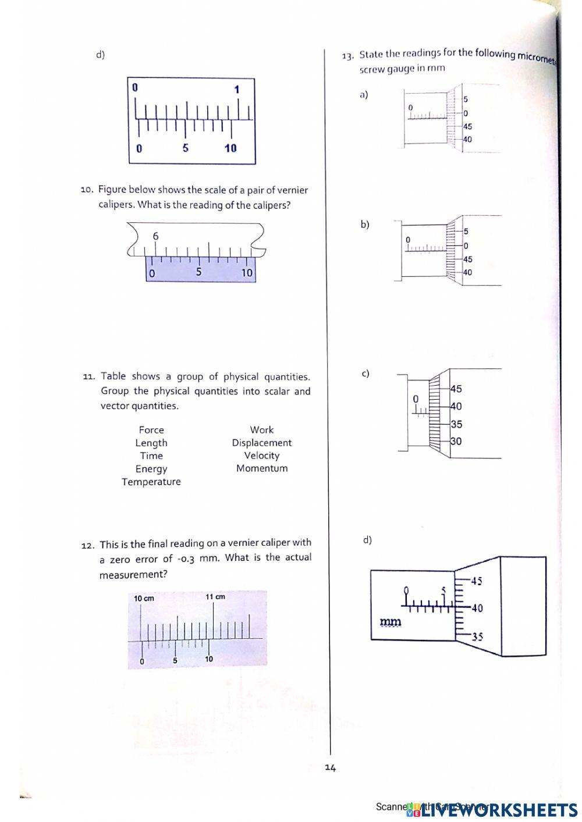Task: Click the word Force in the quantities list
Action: coord(151,430)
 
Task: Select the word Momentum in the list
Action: coord(262,468)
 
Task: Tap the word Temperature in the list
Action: coord(151,482)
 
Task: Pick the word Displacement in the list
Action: coord(262,443)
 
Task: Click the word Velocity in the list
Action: coord(262,456)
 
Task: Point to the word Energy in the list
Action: coord(151,469)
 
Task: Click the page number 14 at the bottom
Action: coord(331,768)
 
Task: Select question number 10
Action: coord(87,190)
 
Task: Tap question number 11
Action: coord(88,377)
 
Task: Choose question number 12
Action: coord(87,546)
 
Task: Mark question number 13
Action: coord(347,56)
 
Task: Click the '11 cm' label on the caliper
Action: coord(215,597)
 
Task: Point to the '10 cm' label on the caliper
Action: coord(144,599)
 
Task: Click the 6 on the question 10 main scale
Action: coord(155,236)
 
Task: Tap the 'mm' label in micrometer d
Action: coord(391,622)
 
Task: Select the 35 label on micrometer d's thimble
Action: coord(477,637)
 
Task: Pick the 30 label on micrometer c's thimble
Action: coord(456,442)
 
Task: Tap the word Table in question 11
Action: coord(113,376)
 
